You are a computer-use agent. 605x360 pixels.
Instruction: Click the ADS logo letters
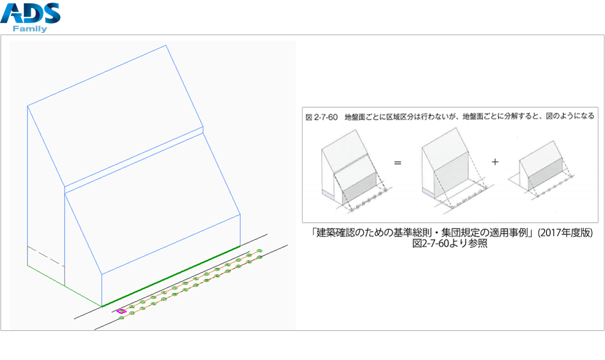[30, 13]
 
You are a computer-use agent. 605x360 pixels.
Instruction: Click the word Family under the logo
[30, 29]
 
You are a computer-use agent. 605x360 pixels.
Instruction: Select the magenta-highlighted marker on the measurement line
[121, 311]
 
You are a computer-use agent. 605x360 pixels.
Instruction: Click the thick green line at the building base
[171, 276]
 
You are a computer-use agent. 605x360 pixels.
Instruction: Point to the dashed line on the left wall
[46, 255]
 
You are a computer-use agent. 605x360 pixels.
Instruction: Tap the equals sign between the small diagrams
[397, 163]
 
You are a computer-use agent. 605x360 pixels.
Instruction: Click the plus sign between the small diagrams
[495, 162]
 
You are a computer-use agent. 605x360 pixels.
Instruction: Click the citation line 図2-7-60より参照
[450, 244]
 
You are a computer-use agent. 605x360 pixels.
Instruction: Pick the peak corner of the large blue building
[166, 45]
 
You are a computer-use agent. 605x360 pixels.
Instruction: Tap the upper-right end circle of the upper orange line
[259, 250]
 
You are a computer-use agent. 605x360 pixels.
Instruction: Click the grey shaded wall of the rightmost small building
[545, 179]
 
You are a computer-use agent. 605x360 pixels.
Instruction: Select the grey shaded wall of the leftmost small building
[360, 186]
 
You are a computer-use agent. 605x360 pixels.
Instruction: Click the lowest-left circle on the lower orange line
[121, 318]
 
